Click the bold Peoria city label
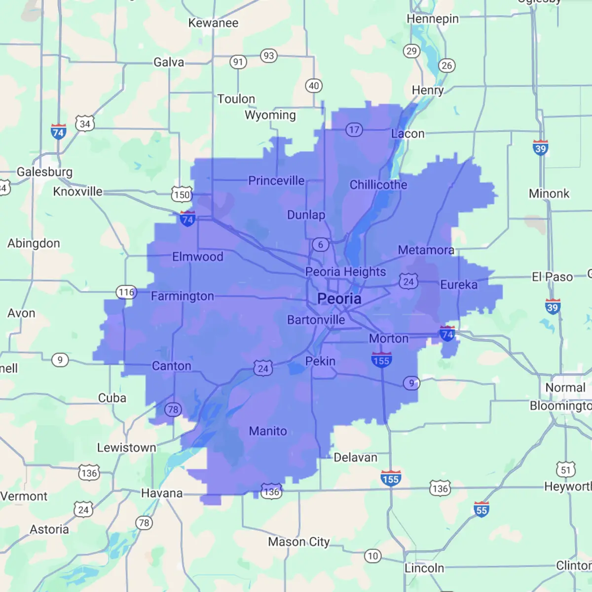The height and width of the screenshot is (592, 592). point(339,298)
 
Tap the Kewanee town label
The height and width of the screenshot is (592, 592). point(213,23)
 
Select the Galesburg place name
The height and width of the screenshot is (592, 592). point(44,172)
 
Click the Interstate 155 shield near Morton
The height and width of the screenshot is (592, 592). point(381,360)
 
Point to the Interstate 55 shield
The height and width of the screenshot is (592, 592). point(481,509)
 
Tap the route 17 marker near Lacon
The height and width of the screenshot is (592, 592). point(354,130)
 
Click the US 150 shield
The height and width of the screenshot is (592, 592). point(182,194)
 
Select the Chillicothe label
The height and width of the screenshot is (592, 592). point(378,185)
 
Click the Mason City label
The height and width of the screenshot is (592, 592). point(298,542)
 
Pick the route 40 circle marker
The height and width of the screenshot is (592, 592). point(314,86)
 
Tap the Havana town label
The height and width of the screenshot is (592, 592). point(162,493)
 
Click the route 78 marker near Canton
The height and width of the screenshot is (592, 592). point(173,409)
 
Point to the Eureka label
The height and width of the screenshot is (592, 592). point(459,285)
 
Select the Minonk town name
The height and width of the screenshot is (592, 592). point(549,193)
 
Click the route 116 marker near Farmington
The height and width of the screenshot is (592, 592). point(126,292)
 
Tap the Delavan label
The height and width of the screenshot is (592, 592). point(355,457)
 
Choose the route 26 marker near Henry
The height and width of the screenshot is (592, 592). point(446,66)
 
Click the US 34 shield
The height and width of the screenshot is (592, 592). point(85,124)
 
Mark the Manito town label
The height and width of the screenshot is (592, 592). point(268,431)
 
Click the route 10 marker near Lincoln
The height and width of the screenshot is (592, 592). point(373,556)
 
